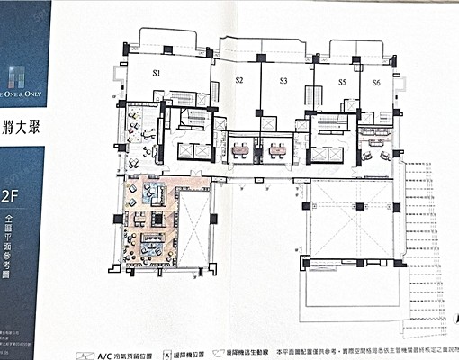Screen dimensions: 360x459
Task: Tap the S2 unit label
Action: coord(239,81)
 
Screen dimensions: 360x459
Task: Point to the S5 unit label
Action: coord(342,82)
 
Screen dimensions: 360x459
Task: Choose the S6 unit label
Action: coord(376,82)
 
